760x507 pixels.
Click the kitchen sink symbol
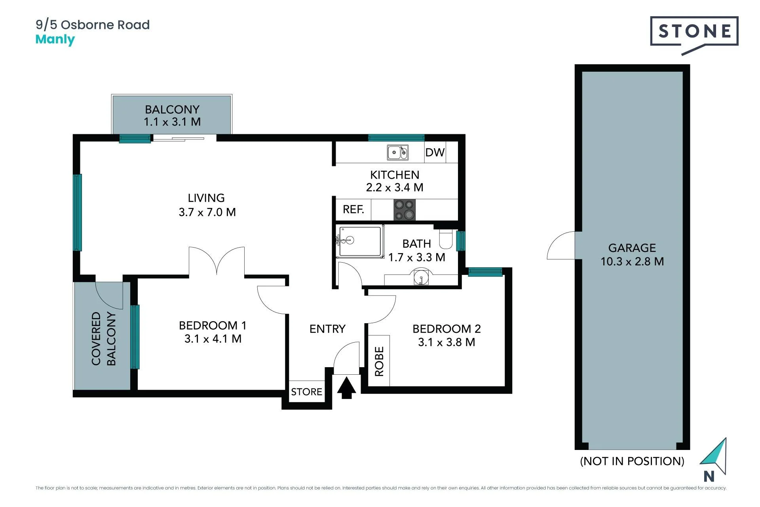pyautogui.click(x=397, y=152)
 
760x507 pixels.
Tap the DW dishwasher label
pyautogui.click(x=435, y=152)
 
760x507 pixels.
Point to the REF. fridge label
pyautogui.click(x=353, y=209)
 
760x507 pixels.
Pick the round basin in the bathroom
pyautogui.click(x=421, y=276)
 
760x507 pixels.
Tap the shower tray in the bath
pyautogui.click(x=360, y=241)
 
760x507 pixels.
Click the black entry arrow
pyautogui.click(x=346, y=388)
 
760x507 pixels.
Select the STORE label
pyautogui.click(x=306, y=392)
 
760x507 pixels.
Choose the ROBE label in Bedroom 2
pyautogui.click(x=379, y=361)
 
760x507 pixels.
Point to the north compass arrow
pyautogui.click(x=715, y=456)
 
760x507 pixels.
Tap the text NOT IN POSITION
pyautogui.click(x=632, y=461)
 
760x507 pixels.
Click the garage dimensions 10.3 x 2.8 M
pyautogui.click(x=632, y=261)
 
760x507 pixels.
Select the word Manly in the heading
pyautogui.click(x=55, y=40)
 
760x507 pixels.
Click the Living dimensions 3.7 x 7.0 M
pyautogui.click(x=207, y=212)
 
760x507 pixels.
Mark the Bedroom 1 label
pyautogui.click(x=213, y=326)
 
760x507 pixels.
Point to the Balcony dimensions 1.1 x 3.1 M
pyautogui.click(x=172, y=122)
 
